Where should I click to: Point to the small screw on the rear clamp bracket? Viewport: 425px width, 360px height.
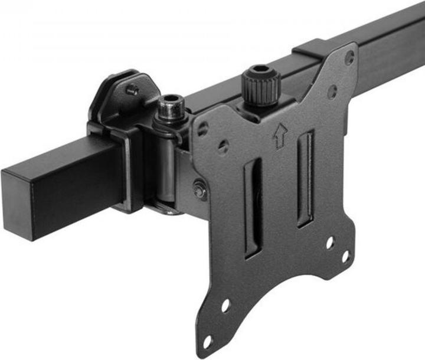click(133, 90)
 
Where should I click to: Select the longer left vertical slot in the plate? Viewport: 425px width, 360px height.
click(252, 207)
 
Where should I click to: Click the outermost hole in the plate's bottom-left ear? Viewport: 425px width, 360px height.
click(208, 342)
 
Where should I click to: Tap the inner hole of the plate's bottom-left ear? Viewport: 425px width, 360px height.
click(225, 306)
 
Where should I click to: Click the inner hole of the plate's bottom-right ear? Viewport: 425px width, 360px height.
click(330, 242)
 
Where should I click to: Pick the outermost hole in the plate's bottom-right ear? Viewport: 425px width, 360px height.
click(346, 256)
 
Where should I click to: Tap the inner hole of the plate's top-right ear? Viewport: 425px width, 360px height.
click(333, 91)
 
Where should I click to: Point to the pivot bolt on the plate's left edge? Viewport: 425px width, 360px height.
click(201, 190)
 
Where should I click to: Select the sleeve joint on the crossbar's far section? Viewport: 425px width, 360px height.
click(313, 50)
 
